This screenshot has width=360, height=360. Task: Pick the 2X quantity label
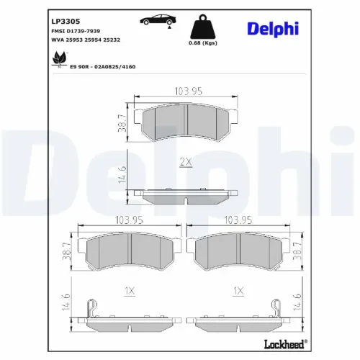[x=185, y=162]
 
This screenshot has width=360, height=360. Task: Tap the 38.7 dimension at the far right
[x=297, y=251]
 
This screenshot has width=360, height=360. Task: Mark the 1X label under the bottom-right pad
[x=239, y=292]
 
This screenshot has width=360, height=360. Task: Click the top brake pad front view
[x=185, y=122]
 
